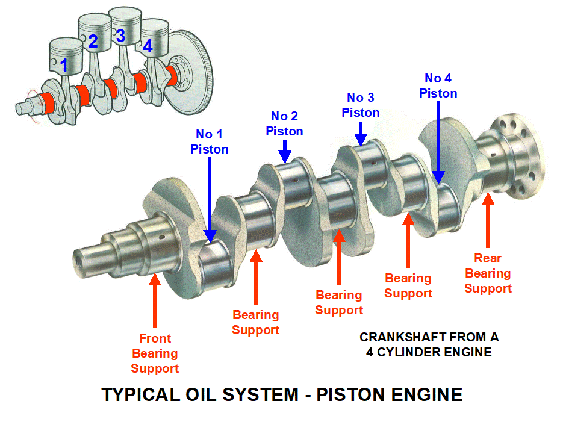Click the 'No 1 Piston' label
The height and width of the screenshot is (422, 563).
[x=210, y=141]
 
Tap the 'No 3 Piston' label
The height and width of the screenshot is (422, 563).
[x=360, y=105]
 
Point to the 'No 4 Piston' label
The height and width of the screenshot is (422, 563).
[x=438, y=85]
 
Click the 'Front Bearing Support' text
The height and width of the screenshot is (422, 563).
[x=155, y=353]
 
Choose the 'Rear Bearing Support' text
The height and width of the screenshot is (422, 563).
[x=488, y=273]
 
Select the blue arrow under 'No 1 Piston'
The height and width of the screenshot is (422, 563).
[x=210, y=199]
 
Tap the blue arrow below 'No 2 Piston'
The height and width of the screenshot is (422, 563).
[x=285, y=150]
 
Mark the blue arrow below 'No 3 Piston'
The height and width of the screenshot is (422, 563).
[x=361, y=132]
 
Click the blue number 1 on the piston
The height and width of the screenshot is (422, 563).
[x=64, y=65]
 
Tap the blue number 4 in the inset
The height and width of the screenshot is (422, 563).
[x=148, y=46]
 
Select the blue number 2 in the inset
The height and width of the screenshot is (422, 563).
[x=93, y=42]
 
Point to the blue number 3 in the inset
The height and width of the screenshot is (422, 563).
[x=120, y=36]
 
